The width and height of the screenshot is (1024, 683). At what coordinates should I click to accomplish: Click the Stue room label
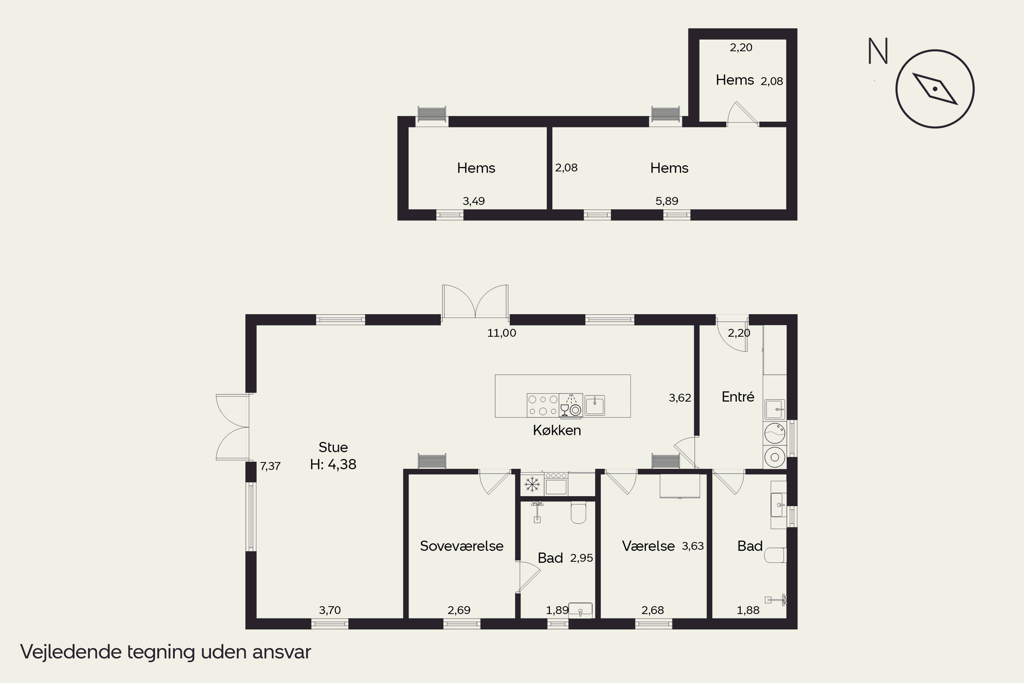coord(333,447)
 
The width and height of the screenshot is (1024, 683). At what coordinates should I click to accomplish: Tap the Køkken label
coord(557,430)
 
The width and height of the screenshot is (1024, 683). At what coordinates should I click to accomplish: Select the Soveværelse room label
coord(461,546)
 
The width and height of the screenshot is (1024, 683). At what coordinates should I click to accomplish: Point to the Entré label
coord(738,396)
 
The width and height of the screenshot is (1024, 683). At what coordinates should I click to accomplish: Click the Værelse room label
coord(648,546)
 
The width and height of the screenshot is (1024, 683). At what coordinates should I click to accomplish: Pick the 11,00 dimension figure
coord(501,333)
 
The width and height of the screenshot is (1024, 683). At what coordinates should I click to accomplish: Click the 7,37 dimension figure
coord(270,466)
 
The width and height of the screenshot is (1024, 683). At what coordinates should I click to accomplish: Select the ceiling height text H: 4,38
coord(333,464)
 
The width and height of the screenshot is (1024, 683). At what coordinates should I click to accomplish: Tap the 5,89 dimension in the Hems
coord(667,201)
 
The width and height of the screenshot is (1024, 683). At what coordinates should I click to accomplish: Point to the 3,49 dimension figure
coord(474,201)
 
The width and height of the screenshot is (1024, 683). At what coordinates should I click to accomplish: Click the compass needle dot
coord(935,89)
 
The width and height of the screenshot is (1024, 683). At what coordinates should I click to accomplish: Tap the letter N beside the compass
coord(878,51)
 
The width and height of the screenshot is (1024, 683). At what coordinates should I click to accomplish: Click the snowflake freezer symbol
coord(532,484)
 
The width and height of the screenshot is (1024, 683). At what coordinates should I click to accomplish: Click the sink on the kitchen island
coord(594,405)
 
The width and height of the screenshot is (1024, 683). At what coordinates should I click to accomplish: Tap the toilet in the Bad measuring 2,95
coord(579,512)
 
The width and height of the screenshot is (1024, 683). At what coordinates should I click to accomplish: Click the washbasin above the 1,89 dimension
coord(580,610)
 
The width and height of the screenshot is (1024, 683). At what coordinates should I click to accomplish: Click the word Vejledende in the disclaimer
coord(71,652)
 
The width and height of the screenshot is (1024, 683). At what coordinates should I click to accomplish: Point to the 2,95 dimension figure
coord(582,558)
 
